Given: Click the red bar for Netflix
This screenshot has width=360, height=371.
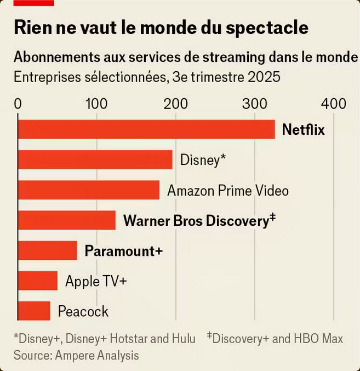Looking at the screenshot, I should pyautogui.click(x=146, y=130).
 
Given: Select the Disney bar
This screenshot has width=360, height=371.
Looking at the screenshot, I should pyautogui.click(x=95, y=160).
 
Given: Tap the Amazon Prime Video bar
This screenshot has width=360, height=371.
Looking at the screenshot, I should pyautogui.click(x=89, y=190).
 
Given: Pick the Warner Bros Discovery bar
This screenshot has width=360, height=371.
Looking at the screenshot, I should pyautogui.click(x=67, y=220).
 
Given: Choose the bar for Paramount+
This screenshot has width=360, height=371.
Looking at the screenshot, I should pyautogui.click(x=48, y=250).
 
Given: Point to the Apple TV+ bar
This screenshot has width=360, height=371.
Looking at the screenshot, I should pyautogui.click(x=38, y=281).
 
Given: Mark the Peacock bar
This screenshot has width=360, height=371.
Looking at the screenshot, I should pyautogui.click(x=34, y=311).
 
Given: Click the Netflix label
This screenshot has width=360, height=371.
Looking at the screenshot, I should pyautogui.click(x=303, y=130).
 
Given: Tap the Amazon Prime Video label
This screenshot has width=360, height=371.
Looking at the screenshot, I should pyautogui.click(x=227, y=191).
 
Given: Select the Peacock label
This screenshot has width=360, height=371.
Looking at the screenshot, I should pyautogui.click(x=83, y=312).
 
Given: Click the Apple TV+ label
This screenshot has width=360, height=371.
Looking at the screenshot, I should pyautogui.click(x=96, y=281).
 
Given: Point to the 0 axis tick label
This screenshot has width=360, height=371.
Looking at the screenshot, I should pyautogui.click(x=18, y=104).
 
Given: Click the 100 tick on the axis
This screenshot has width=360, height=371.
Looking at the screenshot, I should pyautogui.click(x=96, y=104).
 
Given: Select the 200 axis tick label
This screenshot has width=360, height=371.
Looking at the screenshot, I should pyautogui.click(x=176, y=104).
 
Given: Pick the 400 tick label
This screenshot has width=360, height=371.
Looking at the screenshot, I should pyautogui.click(x=334, y=104).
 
